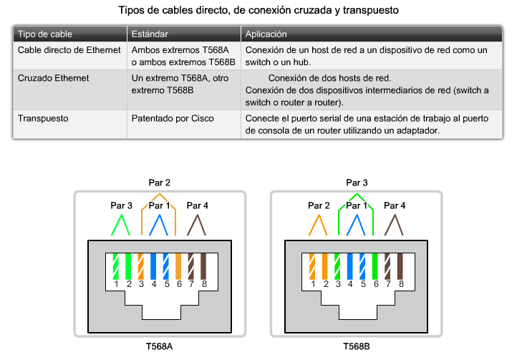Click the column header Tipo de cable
tap(45, 34)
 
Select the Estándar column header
tap(150, 34)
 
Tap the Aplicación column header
tap(266, 34)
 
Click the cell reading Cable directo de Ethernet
tap(69, 50)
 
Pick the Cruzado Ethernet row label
tap(54, 78)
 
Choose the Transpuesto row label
tap(43, 118)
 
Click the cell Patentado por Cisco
tap(173, 118)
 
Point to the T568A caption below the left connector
tap(159, 346)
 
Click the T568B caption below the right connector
tap(357, 346)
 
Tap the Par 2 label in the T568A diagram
tap(159, 183)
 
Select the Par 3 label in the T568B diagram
tap(357, 183)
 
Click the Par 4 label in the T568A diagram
tap(197, 205)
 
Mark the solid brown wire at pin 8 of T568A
tap(204, 266)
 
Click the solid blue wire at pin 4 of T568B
tap(350, 266)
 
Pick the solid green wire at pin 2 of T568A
tap(128, 266)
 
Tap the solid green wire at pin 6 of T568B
tap(375, 266)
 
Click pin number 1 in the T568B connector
tap(313, 284)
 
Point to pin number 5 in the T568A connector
tap(167, 284)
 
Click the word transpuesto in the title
tap(371, 10)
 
